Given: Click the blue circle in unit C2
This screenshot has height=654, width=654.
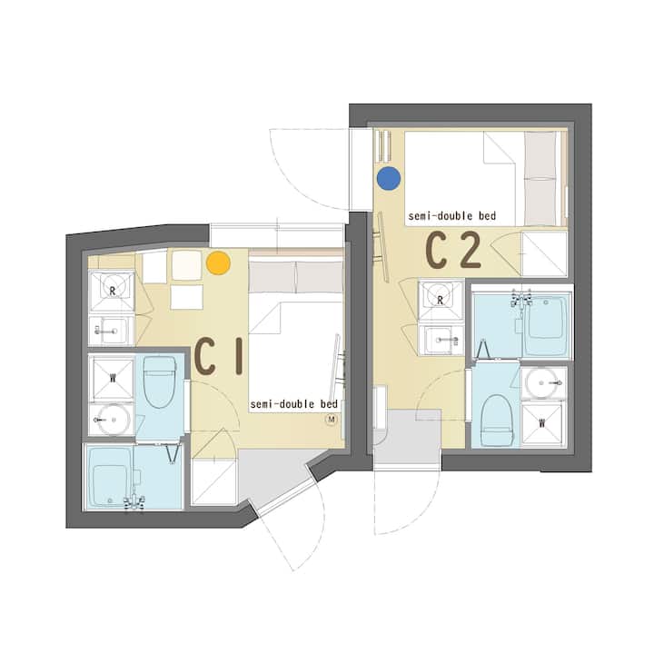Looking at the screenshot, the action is (389, 178).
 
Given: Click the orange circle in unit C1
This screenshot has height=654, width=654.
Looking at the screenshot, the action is (218, 263).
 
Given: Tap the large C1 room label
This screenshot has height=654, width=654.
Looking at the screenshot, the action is (219, 357).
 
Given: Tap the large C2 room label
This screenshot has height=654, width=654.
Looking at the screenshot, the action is (453, 250).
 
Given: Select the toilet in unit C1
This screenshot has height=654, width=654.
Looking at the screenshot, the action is (160, 381).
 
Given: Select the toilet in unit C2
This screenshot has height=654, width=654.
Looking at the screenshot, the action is (496, 420).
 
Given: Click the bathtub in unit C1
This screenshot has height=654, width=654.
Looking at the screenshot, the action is (111, 478).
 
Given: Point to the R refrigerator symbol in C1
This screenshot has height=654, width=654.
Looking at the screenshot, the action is (112, 291).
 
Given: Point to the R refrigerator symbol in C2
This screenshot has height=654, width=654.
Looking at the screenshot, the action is (441, 300).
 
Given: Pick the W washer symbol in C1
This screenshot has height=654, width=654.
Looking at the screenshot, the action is (112, 379).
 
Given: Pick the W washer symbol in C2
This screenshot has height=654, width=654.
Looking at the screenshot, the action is (542, 424).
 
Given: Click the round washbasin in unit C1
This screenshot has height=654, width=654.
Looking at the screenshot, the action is (112, 419).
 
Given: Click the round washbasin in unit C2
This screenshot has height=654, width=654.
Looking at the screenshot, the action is (543, 383).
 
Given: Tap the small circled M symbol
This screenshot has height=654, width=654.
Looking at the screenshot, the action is (332, 419).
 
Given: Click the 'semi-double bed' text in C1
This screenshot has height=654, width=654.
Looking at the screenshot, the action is (293, 404).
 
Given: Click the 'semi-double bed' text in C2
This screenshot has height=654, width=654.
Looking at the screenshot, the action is (452, 216).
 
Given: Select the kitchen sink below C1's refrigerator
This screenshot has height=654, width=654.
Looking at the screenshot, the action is (112, 331).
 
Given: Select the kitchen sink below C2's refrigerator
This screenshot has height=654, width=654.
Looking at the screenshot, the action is (441, 340).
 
